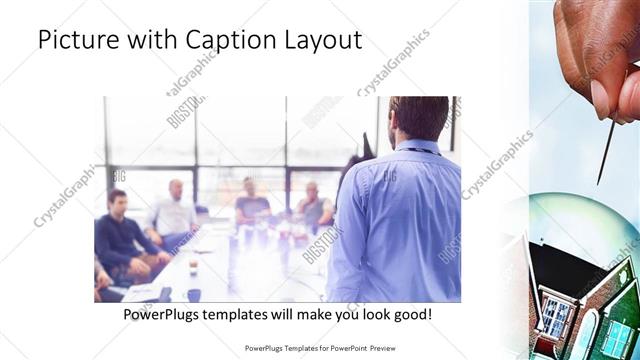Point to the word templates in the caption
(255, 315)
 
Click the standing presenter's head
(417, 118)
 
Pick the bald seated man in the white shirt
(176, 211)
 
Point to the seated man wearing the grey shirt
(313, 205)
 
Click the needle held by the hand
(606, 150)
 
